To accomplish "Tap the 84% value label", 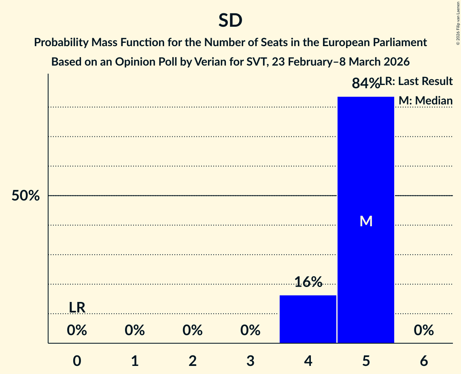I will [365, 83].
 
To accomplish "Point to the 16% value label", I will [308, 282].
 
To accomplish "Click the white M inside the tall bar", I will [366, 221].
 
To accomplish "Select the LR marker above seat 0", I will [77, 308].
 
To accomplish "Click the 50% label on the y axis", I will [25, 196].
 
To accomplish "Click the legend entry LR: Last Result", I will [417, 81].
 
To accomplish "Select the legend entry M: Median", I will [425, 100].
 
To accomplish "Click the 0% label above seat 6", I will [424, 331].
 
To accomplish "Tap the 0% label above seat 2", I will [193, 331].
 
